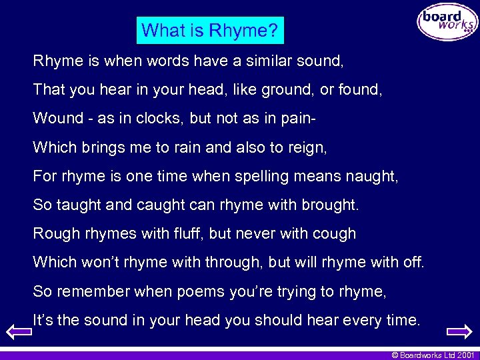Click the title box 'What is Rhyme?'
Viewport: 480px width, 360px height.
[210, 30]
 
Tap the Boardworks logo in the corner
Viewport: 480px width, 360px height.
[447, 22]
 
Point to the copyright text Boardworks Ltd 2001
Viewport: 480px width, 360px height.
[433, 355]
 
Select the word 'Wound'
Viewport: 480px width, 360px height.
[58, 118]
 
